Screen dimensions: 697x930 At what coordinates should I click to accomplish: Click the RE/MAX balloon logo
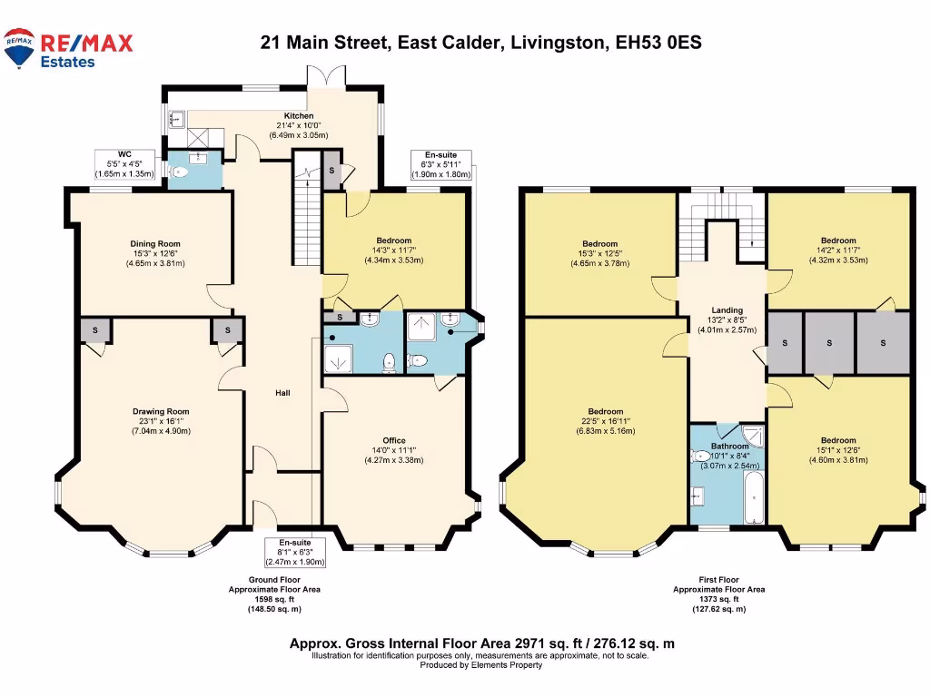[19, 47]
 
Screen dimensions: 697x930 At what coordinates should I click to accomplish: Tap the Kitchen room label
[299, 116]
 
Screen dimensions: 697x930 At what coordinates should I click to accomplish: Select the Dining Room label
[155, 243]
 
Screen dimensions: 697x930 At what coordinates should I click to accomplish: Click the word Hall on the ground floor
[282, 393]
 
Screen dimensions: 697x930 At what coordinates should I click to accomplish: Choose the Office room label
[393, 440]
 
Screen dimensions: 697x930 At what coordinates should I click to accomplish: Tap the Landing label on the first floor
[727, 309]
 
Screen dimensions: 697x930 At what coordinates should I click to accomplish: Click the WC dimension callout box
[124, 163]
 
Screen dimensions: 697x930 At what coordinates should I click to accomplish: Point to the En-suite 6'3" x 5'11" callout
[440, 164]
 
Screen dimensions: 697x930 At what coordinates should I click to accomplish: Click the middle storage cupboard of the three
[832, 343]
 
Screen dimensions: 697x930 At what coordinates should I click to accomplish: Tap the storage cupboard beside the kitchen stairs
[331, 171]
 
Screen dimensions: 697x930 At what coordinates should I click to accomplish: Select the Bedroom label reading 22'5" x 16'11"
[605, 411]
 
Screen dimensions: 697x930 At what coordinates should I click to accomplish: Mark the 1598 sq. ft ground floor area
[273, 599]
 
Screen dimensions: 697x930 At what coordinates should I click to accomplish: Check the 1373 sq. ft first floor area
[718, 599]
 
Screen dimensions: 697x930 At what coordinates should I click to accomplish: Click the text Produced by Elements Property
[480, 665]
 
